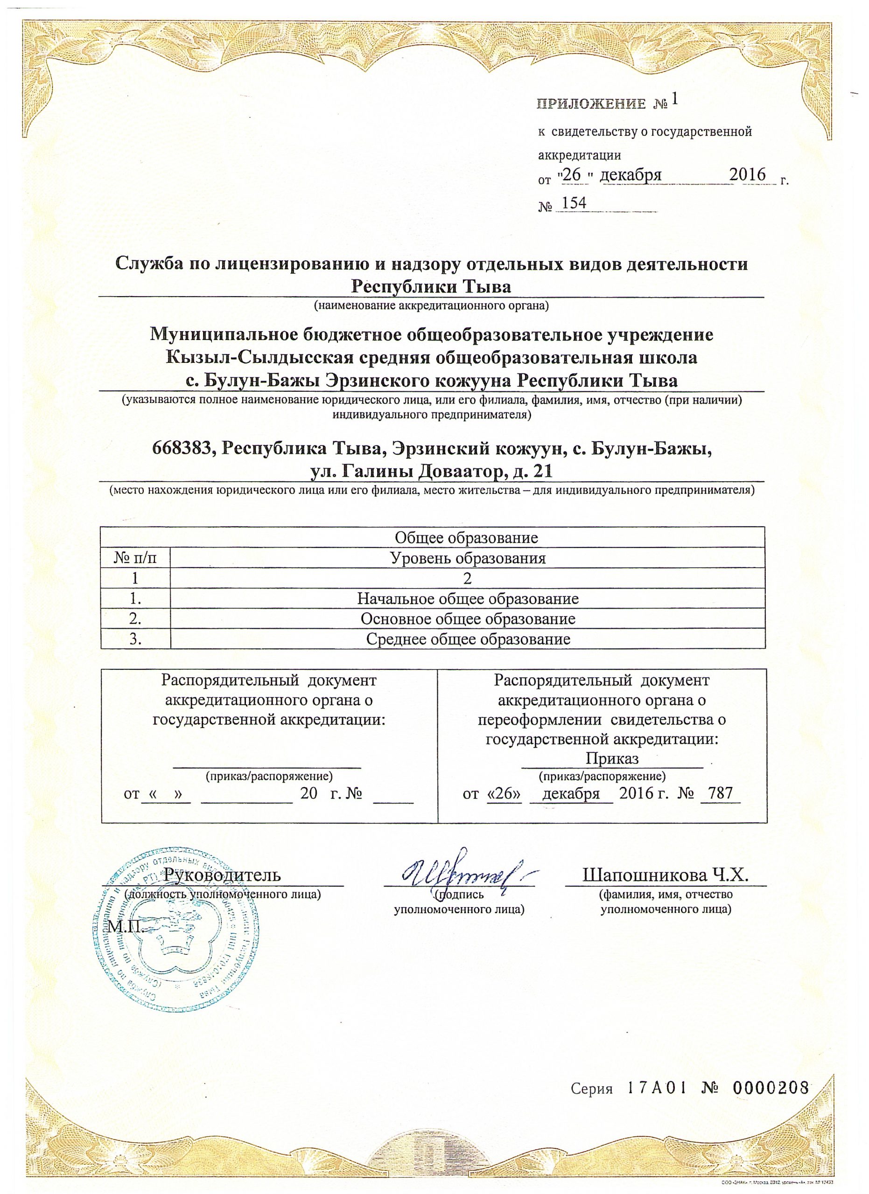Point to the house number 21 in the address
(542, 470)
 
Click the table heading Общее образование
(466, 537)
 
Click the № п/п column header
(135, 558)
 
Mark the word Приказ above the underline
(612, 759)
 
